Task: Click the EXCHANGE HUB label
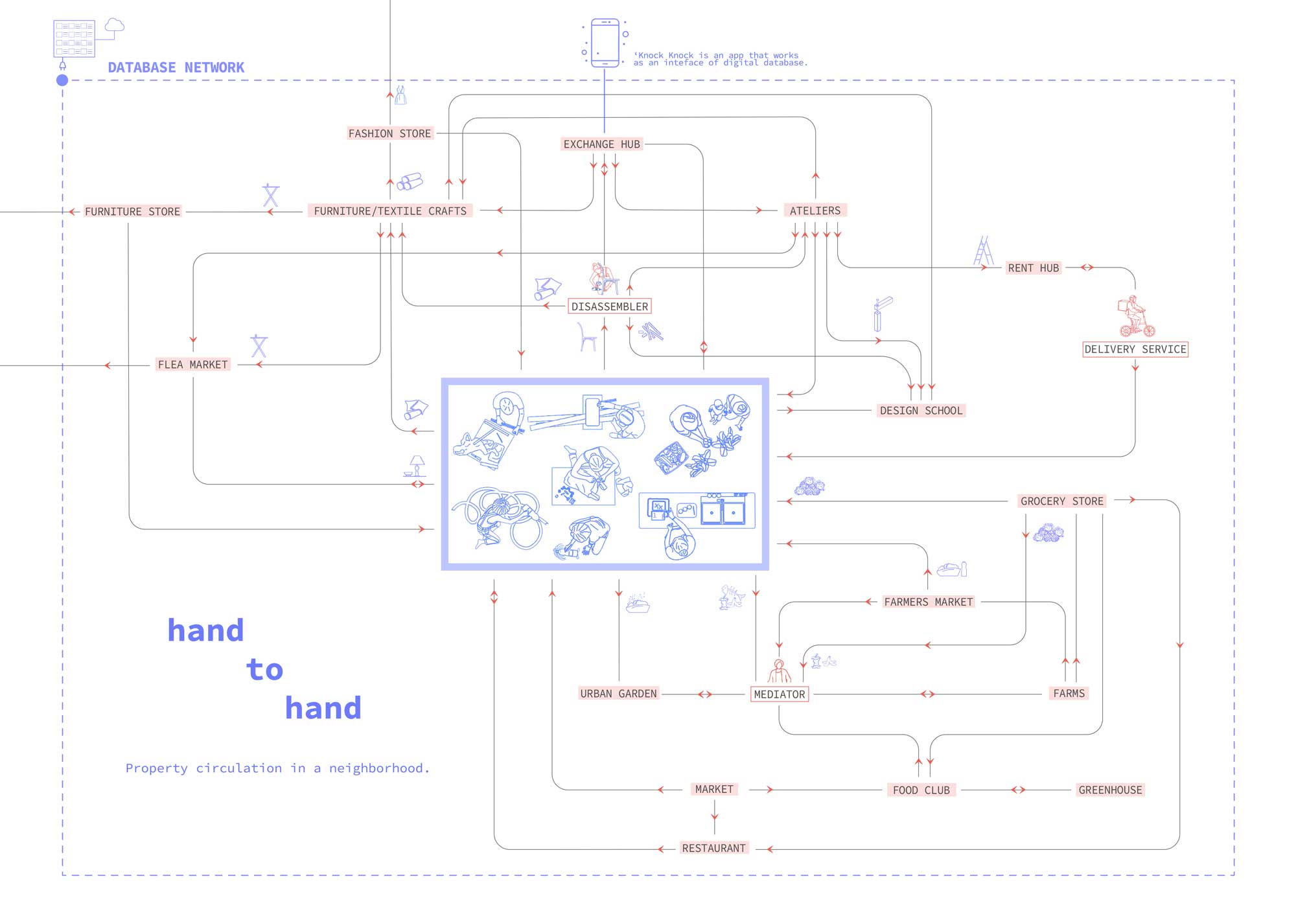pos(601,144)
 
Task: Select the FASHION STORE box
pos(389,133)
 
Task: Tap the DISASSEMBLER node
pos(609,306)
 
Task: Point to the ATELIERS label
pos(815,211)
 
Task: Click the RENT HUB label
pos(1033,268)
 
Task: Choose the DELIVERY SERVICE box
pos(1135,349)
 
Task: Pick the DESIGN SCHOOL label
pos(921,411)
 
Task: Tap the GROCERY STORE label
pos(1061,501)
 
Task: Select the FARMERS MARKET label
pos(928,602)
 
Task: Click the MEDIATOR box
pos(780,694)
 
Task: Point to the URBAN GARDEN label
pos(618,694)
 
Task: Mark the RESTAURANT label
pos(713,849)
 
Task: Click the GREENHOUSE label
pos(1110,790)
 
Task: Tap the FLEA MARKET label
pos(192,365)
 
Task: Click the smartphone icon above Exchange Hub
pos(605,43)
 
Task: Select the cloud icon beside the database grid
pos(115,25)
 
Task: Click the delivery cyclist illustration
pos(1135,317)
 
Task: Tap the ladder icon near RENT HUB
pos(983,251)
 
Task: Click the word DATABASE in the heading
pos(141,68)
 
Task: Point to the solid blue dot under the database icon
pos(62,80)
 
